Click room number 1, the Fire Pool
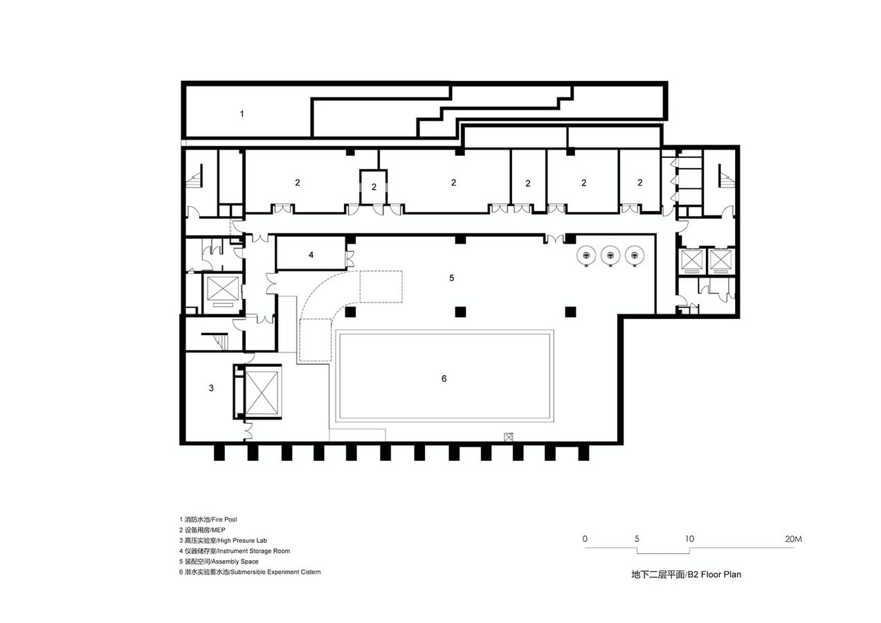[x=242, y=114]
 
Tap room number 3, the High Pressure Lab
[x=211, y=388]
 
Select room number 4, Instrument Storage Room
[x=311, y=255]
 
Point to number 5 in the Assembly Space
[x=451, y=278]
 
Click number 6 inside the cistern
[x=444, y=379]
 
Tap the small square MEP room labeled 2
[x=374, y=187]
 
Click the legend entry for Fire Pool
[x=208, y=520]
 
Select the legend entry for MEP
[x=202, y=530]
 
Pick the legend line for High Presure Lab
[x=223, y=541]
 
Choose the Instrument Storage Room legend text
[x=235, y=551]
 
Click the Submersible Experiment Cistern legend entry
[x=250, y=572]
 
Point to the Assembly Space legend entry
[x=219, y=561]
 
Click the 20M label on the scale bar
[x=793, y=539]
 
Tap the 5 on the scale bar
[x=637, y=539]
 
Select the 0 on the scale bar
[x=585, y=539]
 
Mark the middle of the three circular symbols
[x=610, y=255]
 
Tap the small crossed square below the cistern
[x=509, y=437]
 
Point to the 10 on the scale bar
[x=689, y=539]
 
